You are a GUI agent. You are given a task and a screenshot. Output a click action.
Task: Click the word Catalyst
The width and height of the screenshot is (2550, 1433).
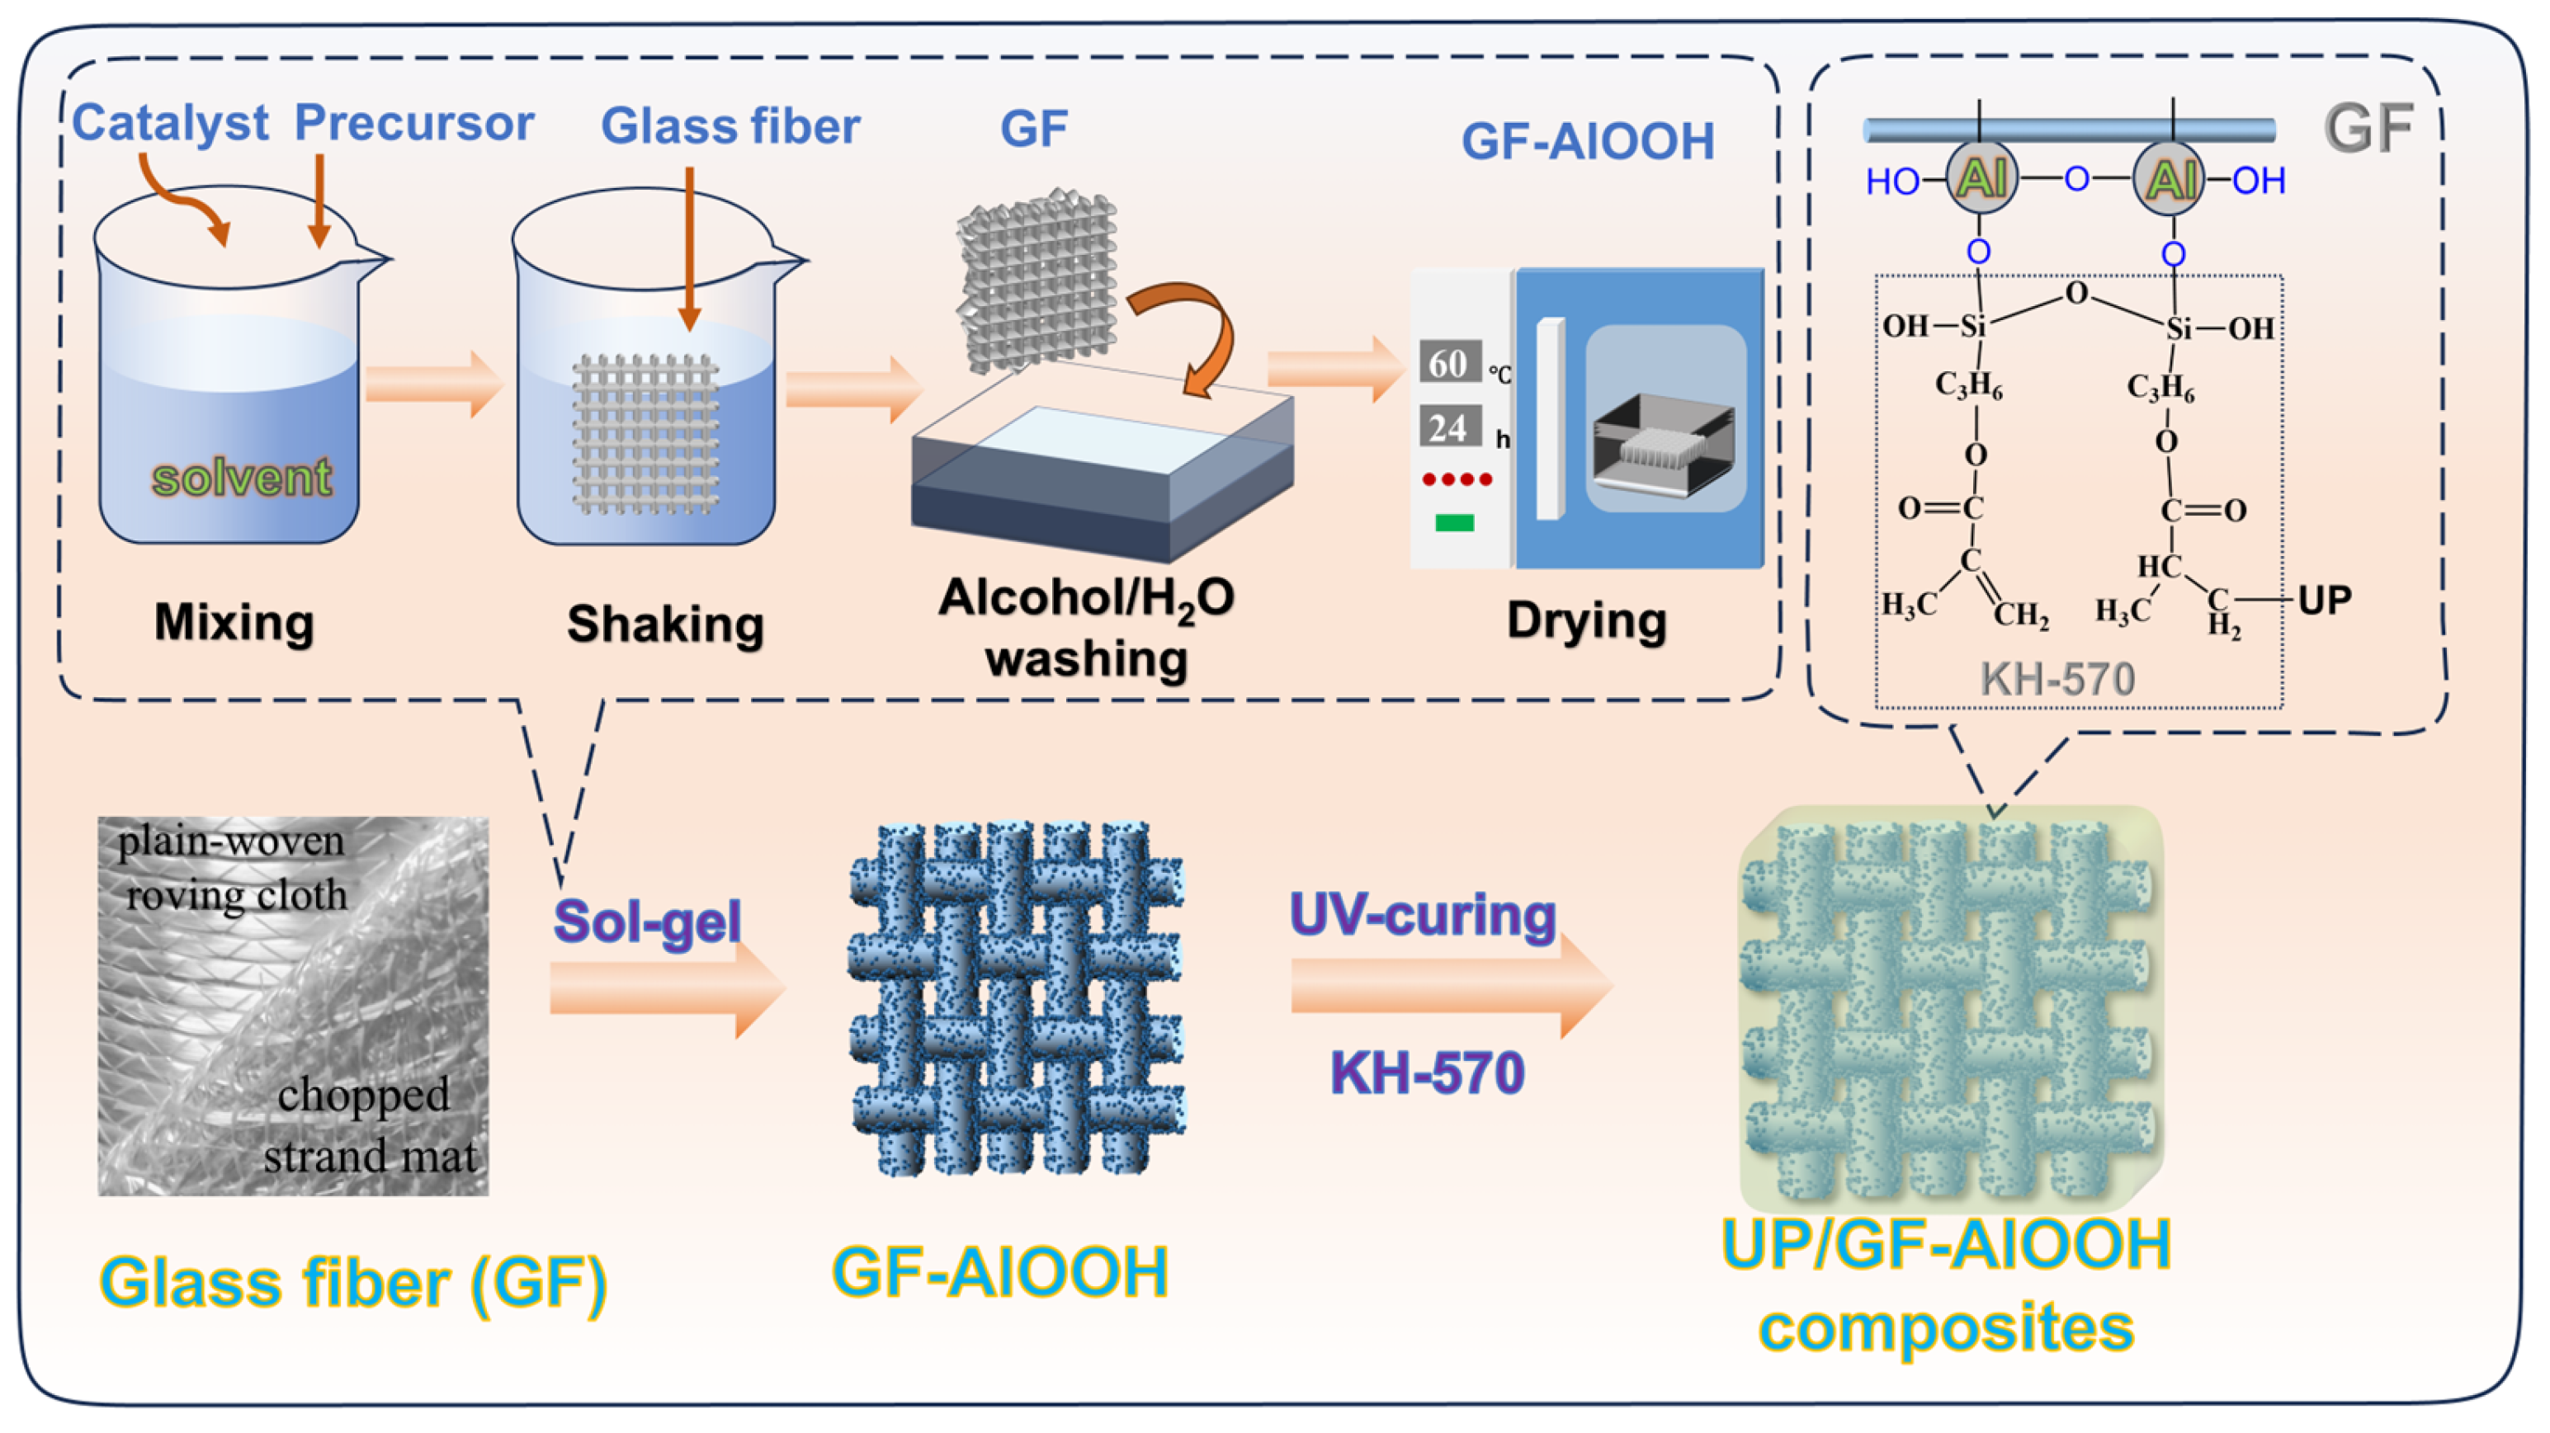click(x=169, y=123)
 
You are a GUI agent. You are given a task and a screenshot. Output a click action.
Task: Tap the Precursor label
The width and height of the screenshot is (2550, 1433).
click(x=413, y=123)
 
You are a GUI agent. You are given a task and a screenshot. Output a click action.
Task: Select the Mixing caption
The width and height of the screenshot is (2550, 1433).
click(x=234, y=623)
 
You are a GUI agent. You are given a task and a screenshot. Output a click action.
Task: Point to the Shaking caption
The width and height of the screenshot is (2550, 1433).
click(x=665, y=625)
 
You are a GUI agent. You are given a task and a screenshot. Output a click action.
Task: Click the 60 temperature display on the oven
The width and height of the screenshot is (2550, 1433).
click(x=1449, y=363)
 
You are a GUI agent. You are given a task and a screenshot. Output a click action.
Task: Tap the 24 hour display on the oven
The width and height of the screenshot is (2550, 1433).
click(x=1449, y=427)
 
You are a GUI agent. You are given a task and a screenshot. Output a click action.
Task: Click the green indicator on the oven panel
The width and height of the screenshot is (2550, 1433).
click(x=1454, y=522)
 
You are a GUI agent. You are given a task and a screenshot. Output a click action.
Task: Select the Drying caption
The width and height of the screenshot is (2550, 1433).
click(x=1586, y=620)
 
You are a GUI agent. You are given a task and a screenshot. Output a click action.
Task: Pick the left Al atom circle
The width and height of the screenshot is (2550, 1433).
click(x=1981, y=179)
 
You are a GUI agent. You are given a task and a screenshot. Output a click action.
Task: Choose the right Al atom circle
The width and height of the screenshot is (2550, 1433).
click(x=2168, y=179)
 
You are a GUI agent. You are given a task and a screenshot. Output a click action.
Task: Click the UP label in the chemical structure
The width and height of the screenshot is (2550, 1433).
click(x=2323, y=600)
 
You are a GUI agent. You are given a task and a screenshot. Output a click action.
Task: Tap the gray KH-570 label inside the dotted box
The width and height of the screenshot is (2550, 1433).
click(x=2057, y=679)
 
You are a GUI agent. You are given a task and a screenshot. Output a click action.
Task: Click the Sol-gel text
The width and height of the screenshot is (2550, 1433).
click(x=646, y=922)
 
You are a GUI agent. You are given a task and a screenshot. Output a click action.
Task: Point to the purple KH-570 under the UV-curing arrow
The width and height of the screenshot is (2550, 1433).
click(x=1427, y=1072)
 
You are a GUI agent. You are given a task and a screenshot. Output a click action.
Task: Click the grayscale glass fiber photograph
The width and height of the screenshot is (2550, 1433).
click(x=293, y=1006)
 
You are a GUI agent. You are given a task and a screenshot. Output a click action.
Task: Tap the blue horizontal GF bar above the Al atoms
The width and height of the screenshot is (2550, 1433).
click(x=2069, y=130)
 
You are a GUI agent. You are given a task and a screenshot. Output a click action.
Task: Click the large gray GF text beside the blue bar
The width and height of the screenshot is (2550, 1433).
click(x=2367, y=129)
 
